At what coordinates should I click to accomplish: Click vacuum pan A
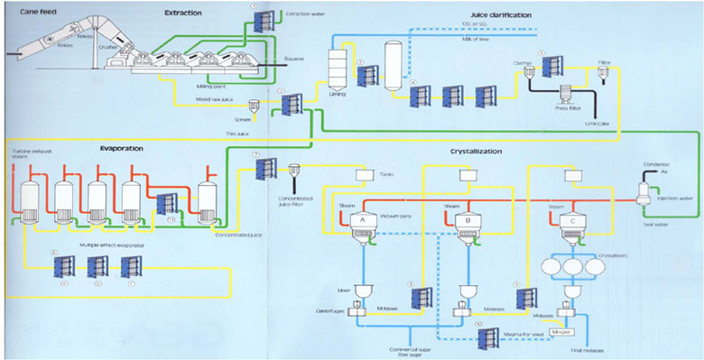click(x=361, y=222)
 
